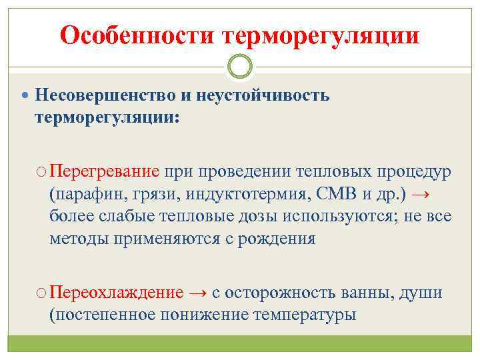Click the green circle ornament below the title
240,67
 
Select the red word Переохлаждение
117,293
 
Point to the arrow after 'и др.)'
420,194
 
